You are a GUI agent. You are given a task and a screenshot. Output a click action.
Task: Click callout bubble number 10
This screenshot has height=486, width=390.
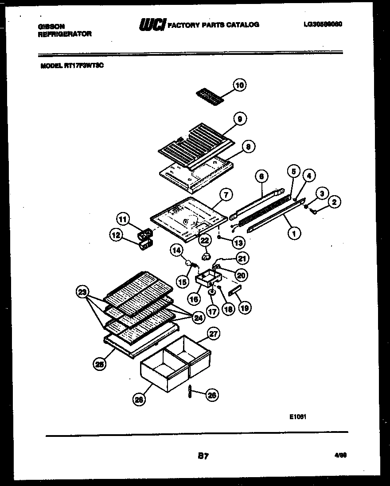tap(239, 85)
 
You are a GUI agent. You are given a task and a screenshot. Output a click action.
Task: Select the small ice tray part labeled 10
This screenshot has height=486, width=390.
tap(210, 95)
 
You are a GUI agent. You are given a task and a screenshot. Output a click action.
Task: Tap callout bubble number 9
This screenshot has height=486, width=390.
tap(240, 119)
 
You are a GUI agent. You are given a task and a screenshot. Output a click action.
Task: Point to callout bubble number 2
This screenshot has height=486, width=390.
tap(334, 203)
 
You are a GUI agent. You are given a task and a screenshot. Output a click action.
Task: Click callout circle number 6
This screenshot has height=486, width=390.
tap(261, 176)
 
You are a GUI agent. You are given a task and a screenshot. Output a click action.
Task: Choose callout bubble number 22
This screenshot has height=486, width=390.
tap(205, 240)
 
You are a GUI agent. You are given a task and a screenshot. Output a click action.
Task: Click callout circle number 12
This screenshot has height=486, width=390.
tap(117, 236)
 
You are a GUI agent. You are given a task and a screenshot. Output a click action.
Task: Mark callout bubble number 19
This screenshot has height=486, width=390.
tap(244, 308)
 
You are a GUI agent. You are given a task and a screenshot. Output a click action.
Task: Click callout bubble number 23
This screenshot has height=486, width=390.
tap(82, 292)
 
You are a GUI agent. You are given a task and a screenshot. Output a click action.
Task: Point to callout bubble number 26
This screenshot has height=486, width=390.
tap(212, 395)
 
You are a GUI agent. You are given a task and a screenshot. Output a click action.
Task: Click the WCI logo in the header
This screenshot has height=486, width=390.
tap(152, 25)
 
